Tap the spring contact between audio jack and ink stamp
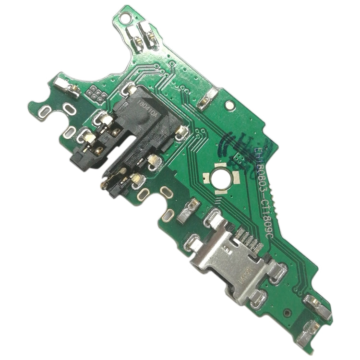coord(208,99)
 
